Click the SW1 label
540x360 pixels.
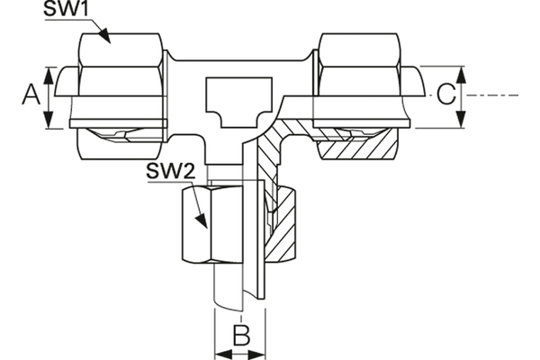coord(67,11)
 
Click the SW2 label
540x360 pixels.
coord(166,171)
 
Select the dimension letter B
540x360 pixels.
coord(239,336)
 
